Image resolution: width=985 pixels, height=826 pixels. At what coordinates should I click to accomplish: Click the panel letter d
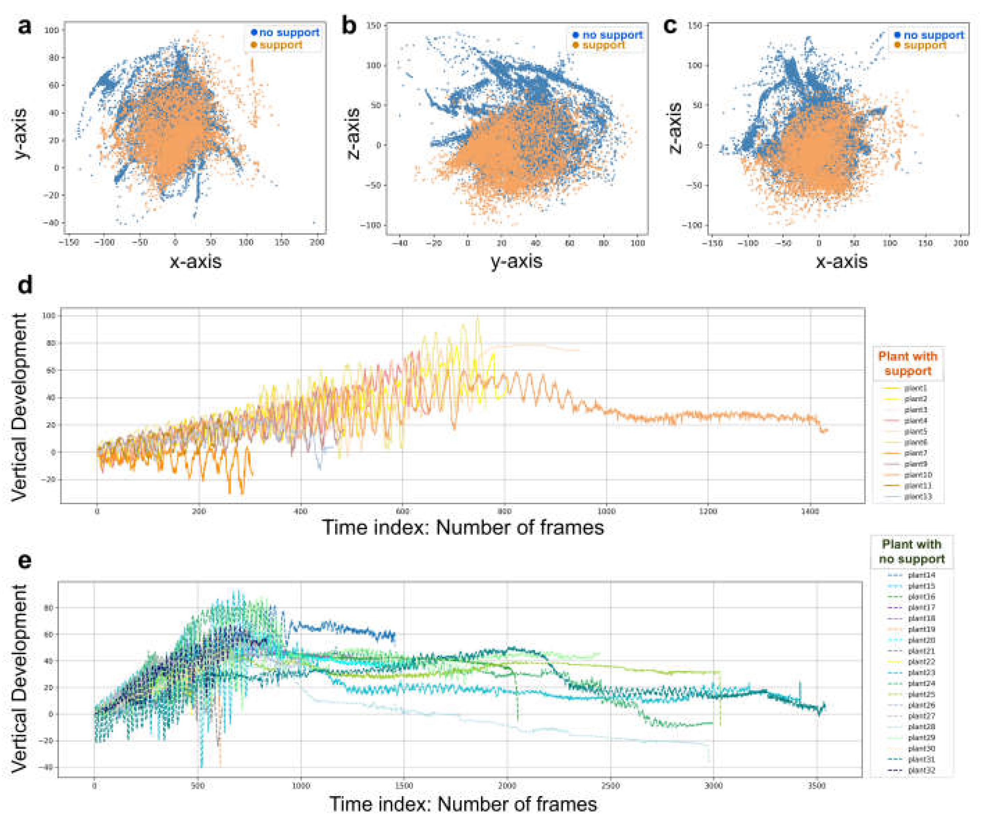click(24, 285)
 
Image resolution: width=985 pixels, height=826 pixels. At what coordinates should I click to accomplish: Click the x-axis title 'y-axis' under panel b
click(516, 261)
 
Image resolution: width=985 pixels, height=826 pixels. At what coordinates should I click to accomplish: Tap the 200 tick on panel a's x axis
click(318, 242)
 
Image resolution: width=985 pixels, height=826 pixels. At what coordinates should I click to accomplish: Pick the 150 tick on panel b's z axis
click(374, 26)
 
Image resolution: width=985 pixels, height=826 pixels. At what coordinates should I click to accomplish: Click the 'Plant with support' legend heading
click(908, 364)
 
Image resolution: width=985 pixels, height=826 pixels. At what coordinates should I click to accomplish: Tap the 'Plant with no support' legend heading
click(911, 552)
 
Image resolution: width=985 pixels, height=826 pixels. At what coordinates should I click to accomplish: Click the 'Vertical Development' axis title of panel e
click(20, 679)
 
